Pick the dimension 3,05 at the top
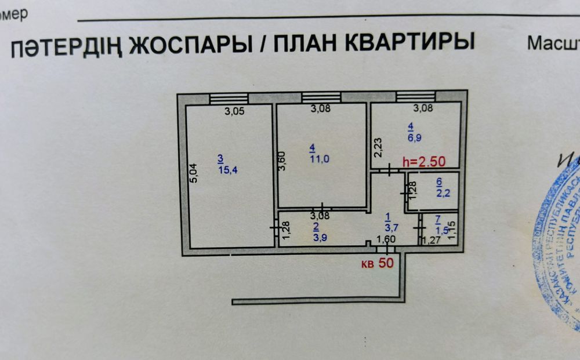point(234,113)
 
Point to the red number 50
point(386,263)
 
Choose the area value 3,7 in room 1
point(390,228)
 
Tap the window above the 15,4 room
point(229,99)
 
